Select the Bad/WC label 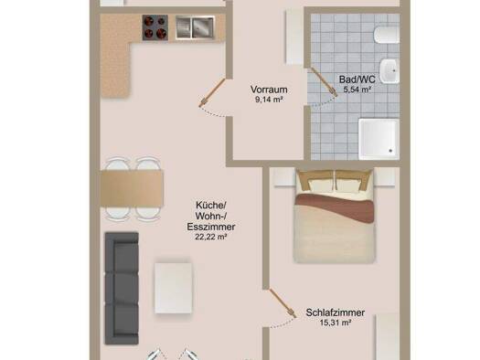tap(357, 79)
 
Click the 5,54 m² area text tap(357, 90)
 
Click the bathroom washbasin tap(390, 69)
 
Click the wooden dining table tap(133, 190)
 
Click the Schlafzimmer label tap(336, 312)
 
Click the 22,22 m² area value tap(210, 236)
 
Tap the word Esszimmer tap(210, 225)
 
